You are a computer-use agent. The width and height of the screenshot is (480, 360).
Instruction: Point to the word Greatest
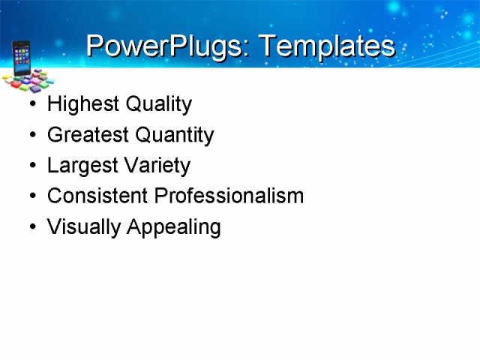[x=85, y=135]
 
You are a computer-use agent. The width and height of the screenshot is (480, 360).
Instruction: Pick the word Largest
[x=79, y=166]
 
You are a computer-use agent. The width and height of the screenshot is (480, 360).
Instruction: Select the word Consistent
[x=97, y=196]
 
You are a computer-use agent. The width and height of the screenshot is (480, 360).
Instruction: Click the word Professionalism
[x=229, y=196]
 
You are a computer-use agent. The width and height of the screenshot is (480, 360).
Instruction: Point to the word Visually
[x=83, y=227]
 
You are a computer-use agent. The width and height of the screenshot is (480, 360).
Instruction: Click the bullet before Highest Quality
[x=31, y=105]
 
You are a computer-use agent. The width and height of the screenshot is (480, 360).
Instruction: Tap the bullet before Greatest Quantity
[x=31, y=136]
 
